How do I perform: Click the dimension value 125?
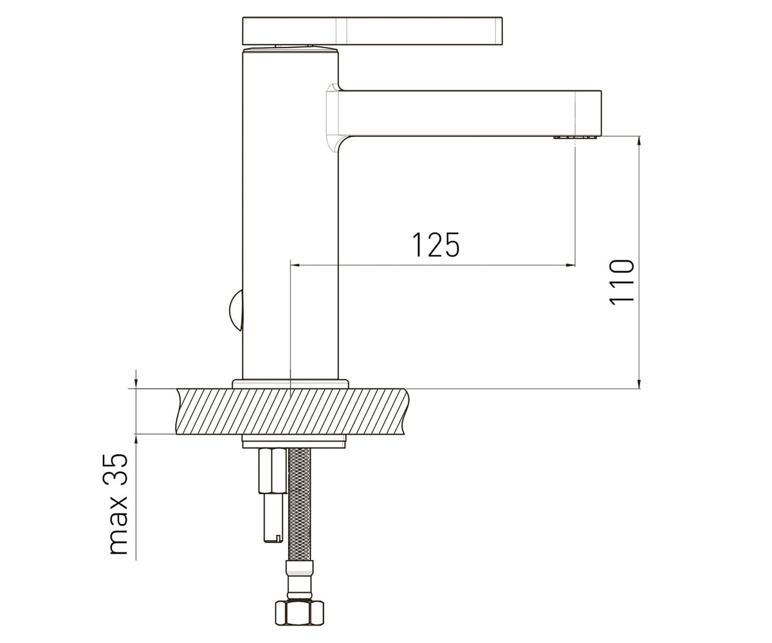(x=436, y=244)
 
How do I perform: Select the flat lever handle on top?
(x=372, y=31)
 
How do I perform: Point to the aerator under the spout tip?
(x=575, y=138)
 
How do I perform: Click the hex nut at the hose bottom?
(x=299, y=612)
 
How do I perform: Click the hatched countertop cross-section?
(x=292, y=411)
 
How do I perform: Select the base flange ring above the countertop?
(x=291, y=384)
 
